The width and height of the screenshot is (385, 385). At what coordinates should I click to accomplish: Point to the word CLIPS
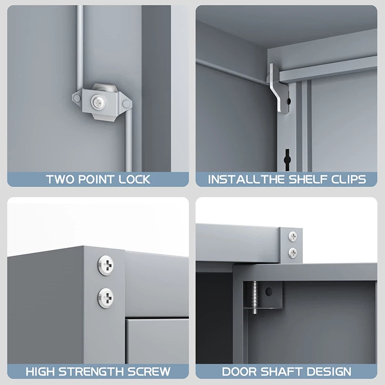[348, 180]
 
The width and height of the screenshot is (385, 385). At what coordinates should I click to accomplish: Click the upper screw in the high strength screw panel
[105, 265]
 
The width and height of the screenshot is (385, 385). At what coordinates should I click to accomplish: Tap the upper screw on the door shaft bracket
[293, 236]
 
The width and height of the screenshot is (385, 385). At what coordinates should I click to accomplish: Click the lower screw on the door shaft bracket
[293, 252]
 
